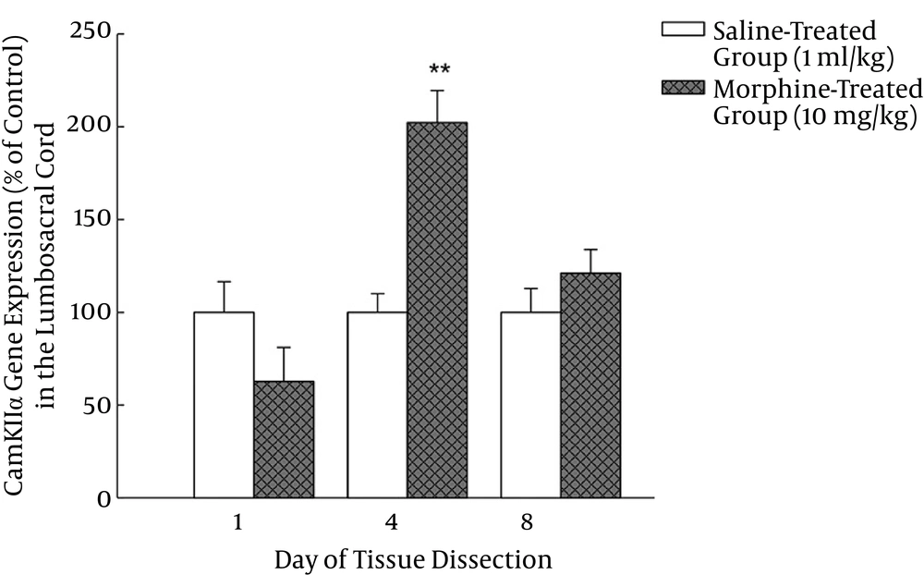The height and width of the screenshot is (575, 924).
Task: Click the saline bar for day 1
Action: [x=224, y=405]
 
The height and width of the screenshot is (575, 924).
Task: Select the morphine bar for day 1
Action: [x=284, y=440]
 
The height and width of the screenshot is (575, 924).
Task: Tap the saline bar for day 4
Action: [x=377, y=405]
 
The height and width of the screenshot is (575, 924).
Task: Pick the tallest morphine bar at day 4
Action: [x=437, y=311]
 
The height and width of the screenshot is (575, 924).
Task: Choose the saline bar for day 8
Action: [x=530, y=405]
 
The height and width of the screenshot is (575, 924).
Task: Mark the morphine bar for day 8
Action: [x=590, y=385]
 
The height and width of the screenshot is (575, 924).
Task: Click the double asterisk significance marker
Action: [x=438, y=70]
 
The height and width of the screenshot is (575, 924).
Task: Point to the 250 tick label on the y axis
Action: [x=91, y=34]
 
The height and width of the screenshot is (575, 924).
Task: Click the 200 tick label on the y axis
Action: [x=91, y=127]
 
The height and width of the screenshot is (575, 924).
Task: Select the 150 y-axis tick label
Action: [x=91, y=220]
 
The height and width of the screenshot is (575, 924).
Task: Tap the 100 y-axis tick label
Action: [x=91, y=312]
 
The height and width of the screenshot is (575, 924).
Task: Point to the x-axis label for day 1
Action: [x=238, y=523]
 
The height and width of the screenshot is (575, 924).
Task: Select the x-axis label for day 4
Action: [x=392, y=523]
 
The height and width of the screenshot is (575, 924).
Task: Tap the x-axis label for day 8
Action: [x=527, y=523]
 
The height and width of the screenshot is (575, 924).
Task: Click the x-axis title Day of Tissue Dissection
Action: [x=413, y=559]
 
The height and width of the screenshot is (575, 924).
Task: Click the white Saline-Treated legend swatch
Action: [x=683, y=29]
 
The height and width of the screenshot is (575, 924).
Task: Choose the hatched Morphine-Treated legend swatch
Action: [x=683, y=89]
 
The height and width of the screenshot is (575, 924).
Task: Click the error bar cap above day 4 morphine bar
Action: [x=437, y=91]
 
